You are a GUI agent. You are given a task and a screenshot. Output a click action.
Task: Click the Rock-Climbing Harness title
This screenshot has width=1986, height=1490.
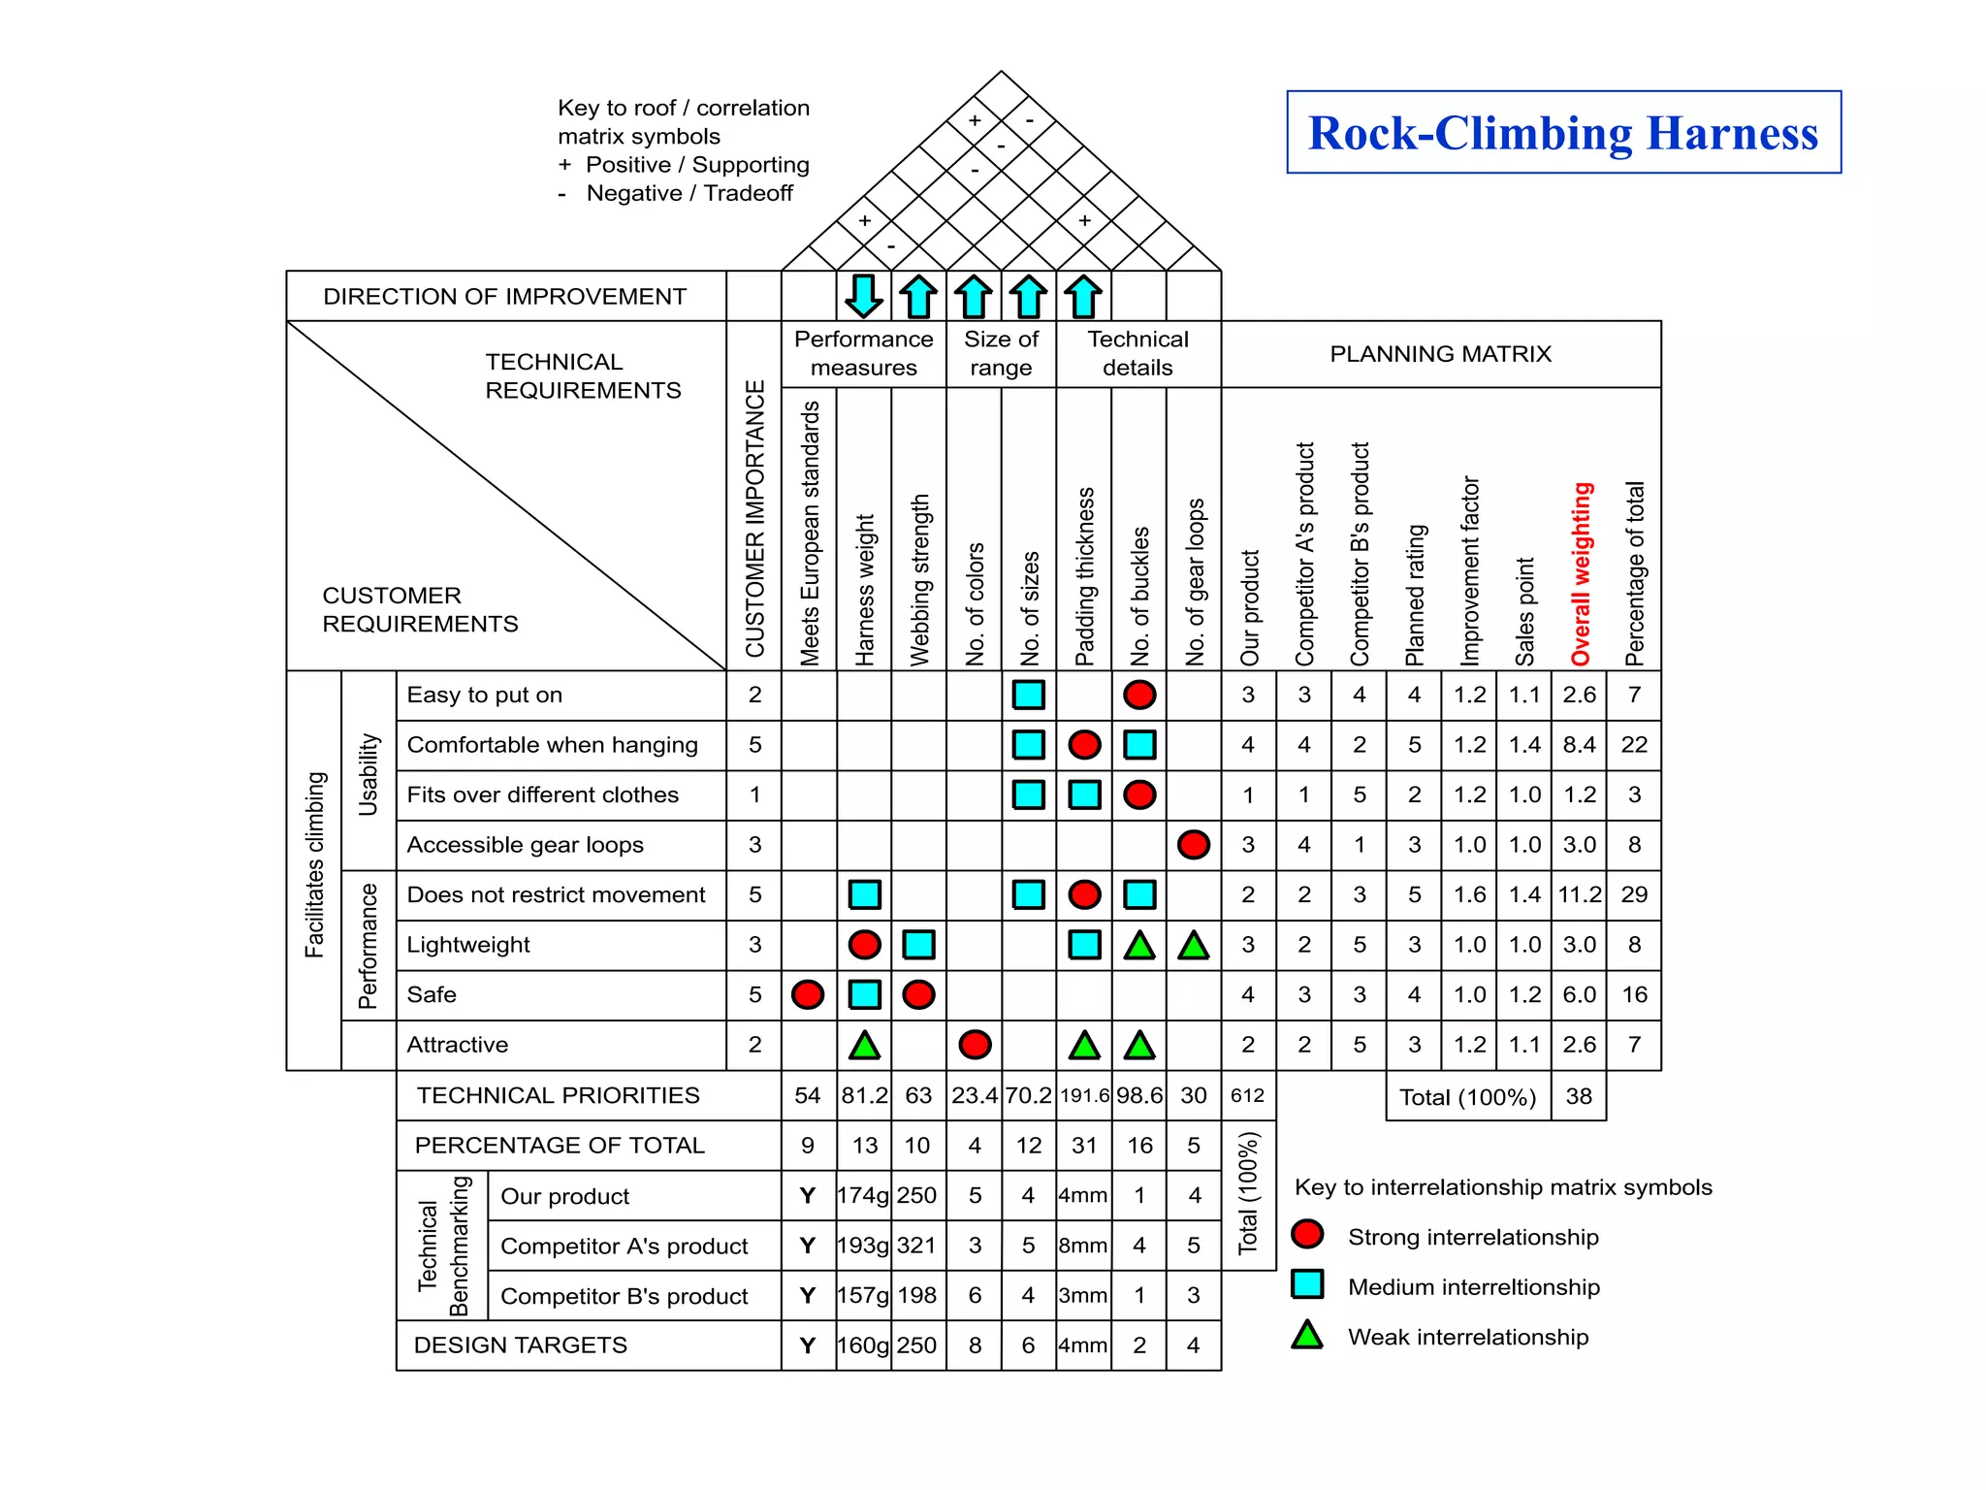pos(1562,133)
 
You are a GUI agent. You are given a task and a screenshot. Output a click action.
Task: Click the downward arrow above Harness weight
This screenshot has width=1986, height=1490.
pos(863,296)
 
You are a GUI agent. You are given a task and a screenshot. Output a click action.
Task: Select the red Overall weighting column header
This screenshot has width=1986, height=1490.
pos(1581,573)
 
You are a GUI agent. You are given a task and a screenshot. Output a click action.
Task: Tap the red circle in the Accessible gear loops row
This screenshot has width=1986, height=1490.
pos(1194,845)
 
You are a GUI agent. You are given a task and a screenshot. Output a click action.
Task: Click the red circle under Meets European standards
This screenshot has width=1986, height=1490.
pos(808,994)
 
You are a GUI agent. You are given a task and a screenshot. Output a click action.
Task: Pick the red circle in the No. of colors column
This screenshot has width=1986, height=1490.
pos(975,1045)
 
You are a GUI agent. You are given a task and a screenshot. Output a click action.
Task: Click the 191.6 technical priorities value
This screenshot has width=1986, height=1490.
pos(1084,1096)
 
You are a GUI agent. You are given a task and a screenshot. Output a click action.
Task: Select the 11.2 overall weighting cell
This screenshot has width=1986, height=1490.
pos(1580,894)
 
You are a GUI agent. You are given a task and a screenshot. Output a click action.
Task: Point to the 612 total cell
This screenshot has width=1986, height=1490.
pos(1247,1096)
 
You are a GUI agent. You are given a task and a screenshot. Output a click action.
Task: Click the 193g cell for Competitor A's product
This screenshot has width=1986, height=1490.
pos(863,1246)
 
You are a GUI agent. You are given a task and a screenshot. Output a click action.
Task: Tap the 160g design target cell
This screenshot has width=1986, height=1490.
pos(863,1345)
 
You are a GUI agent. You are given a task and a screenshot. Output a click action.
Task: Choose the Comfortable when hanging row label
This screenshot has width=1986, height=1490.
pos(552,745)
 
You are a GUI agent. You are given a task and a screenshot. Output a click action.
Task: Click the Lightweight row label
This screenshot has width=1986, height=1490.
pos(468,945)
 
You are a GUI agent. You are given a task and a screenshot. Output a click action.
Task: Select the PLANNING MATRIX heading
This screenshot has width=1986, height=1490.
pos(1440,354)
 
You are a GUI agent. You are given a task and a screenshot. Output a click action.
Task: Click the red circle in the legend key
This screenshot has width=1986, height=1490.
pos(1307,1235)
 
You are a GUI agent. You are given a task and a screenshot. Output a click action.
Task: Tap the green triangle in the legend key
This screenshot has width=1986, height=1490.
pos(1307,1336)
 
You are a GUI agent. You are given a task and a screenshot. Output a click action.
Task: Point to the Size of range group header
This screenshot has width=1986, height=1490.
pos(1001,353)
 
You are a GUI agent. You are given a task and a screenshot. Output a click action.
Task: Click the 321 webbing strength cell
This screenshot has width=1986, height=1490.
pos(917,1246)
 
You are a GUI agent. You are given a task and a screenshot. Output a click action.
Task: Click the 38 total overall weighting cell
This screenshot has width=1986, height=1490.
pos(1579,1096)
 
